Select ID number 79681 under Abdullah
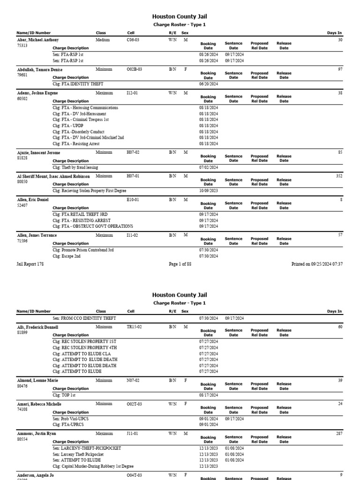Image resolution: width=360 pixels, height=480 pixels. (x=22, y=75)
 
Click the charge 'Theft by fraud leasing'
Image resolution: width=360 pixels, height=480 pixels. (x=75, y=167)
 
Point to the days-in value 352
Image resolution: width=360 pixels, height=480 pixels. (x=339, y=176)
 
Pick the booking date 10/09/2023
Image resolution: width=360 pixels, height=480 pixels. (x=209, y=191)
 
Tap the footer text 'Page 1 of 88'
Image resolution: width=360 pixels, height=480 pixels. (x=180, y=264)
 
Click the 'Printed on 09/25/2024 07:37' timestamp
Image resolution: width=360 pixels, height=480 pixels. (x=317, y=264)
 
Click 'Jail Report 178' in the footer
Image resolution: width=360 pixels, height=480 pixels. (x=30, y=264)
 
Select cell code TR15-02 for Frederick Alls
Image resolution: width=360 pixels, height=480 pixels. (x=135, y=327)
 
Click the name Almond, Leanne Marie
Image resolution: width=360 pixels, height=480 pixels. (x=37, y=381)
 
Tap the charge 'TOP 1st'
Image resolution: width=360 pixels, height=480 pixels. (x=64, y=395)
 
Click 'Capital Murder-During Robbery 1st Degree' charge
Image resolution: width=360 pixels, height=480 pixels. (x=93, y=466)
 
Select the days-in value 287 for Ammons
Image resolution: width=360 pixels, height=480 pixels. (x=339, y=434)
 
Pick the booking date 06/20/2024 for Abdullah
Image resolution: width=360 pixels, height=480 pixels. (x=209, y=84)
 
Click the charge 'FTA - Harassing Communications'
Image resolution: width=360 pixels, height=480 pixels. (x=85, y=108)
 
